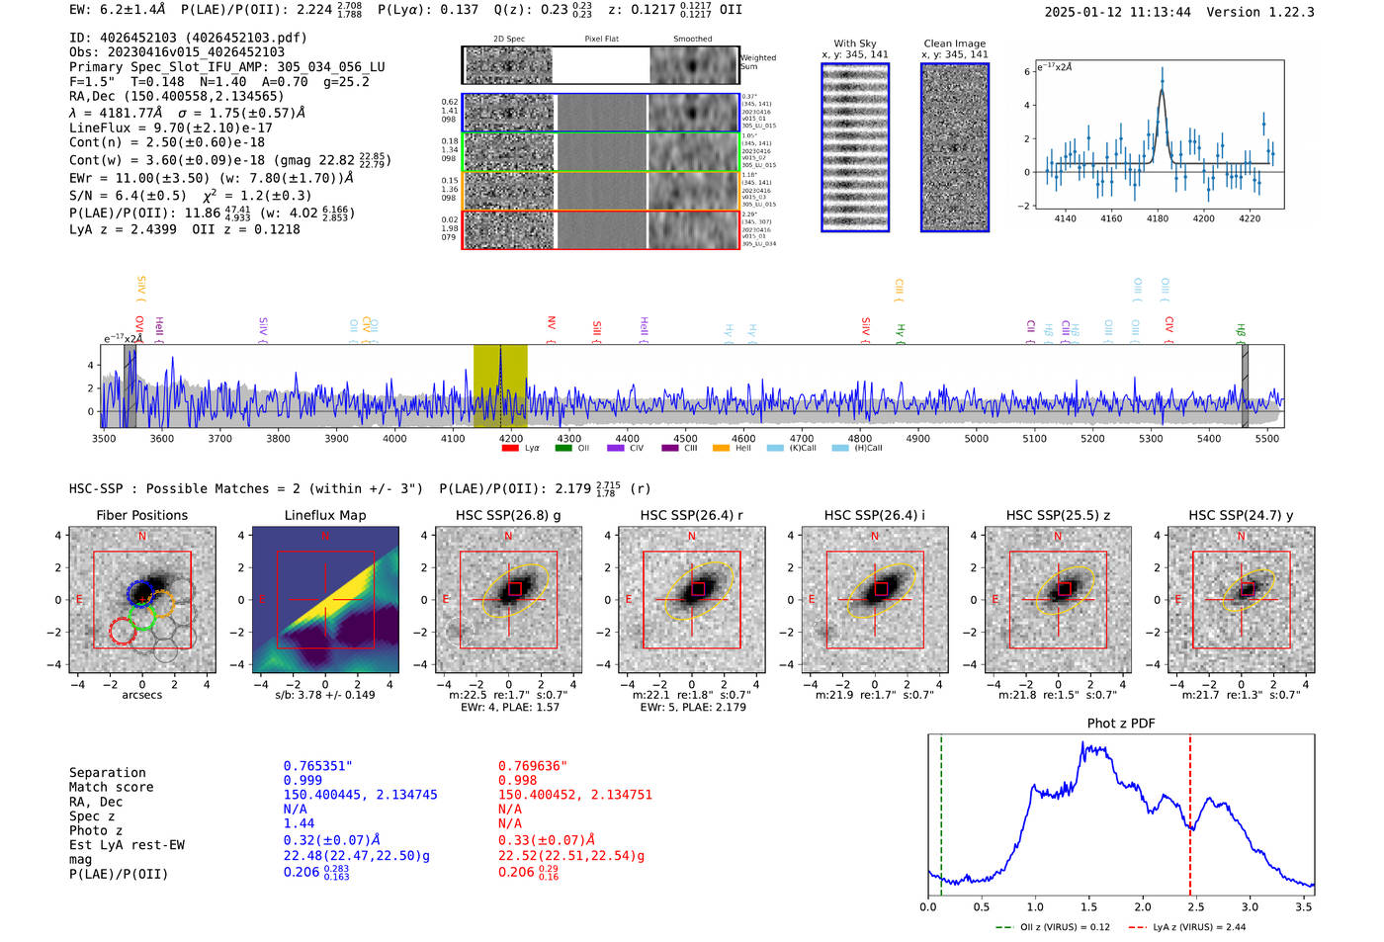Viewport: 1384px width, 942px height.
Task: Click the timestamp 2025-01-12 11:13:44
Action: click(x=1117, y=12)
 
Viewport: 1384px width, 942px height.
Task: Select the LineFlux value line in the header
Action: click(x=171, y=128)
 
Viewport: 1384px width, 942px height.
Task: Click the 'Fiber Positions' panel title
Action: click(x=141, y=515)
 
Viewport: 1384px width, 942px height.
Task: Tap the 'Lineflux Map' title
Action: click(x=324, y=515)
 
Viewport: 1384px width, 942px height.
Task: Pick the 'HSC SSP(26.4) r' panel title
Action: click(x=691, y=515)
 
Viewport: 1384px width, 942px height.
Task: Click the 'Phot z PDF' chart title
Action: click(x=1121, y=724)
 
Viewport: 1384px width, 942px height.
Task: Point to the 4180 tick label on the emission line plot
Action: click(x=1157, y=218)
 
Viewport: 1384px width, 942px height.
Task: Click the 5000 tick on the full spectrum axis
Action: click(x=976, y=438)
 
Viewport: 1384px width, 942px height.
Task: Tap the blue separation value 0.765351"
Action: click(x=317, y=766)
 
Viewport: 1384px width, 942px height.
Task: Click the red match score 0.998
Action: click(x=518, y=780)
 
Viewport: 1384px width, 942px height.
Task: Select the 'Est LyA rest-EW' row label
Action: click(x=127, y=845)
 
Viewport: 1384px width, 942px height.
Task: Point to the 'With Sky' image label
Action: click(x=854, y=43)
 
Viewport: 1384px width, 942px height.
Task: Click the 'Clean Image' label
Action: click(x=954, y=43)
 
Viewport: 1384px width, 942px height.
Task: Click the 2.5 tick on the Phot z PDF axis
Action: click(x=1196, y=906)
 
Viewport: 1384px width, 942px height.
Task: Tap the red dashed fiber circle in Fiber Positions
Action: click(x=121, y=631)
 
